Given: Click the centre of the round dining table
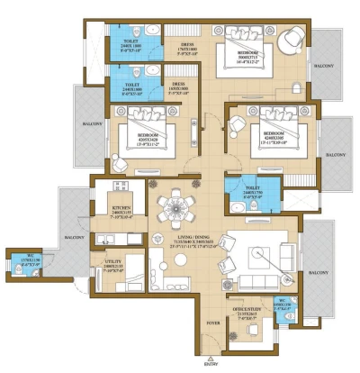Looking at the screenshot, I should coord(172,206).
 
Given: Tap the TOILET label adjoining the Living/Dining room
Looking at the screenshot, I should coord(238,191).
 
